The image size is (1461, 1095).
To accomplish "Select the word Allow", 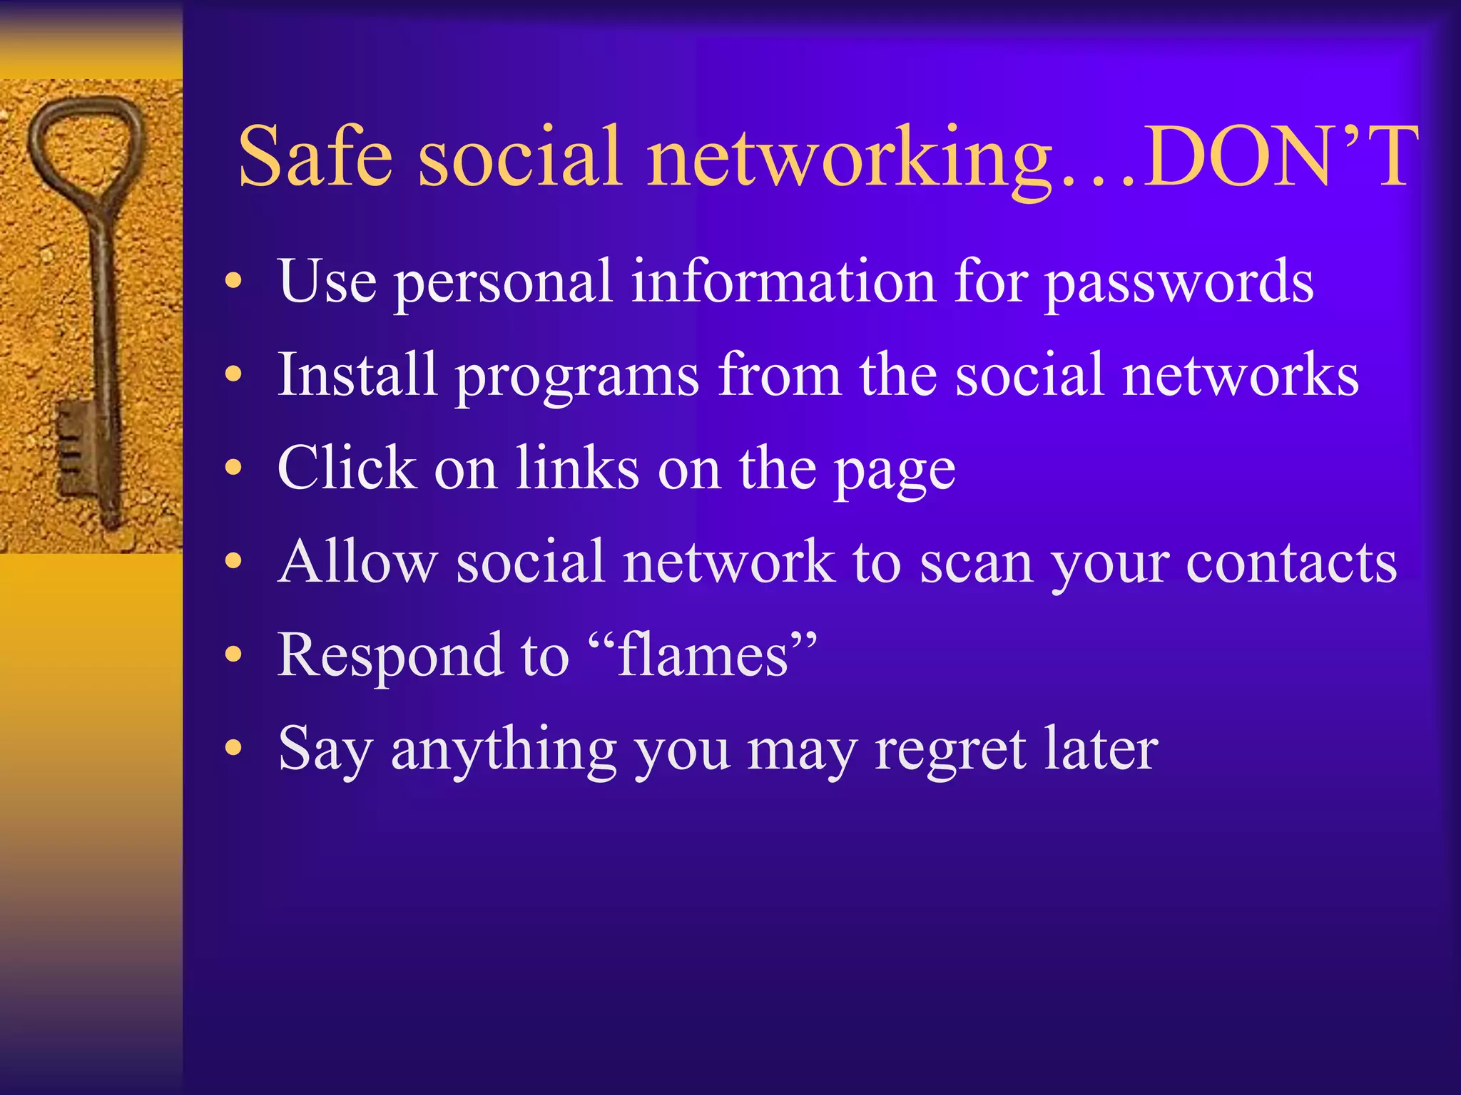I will pyautogui.click(x=357, y=562).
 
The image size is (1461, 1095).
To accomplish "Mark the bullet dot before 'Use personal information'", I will pyautogui.click(x=233, y=282).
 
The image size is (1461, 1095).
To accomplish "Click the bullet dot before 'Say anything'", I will pyautogui.click(x=233, y=749).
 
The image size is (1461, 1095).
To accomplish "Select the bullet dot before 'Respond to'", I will pyautogui.click(x=233, y=655).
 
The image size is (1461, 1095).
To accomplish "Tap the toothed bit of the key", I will pyautogui.click(x=75, y=449).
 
